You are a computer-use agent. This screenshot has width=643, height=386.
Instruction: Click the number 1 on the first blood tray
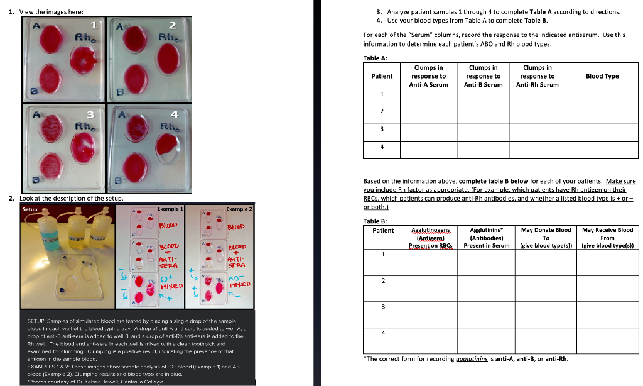click(x=93, y=25)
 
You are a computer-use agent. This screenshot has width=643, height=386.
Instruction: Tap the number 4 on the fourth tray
click(x=175, y=114)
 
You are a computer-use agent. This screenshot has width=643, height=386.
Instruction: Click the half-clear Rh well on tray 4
click(x=172, y=149)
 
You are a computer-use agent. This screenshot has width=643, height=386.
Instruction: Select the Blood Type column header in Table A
click(x=602, y=76)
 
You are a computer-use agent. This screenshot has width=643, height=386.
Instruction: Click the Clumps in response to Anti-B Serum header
click(x=483, y=76)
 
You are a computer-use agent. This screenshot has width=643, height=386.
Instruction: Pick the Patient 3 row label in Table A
click(x=382, y=129)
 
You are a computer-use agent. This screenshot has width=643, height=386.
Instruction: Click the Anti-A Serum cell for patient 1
click(x=429, y=94)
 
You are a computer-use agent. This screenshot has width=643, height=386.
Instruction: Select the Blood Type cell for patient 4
click(x=602, y=146)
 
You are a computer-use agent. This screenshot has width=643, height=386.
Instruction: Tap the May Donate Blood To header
click(x=546, y=238)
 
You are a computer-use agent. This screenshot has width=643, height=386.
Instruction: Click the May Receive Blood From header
click(x=607, y=238)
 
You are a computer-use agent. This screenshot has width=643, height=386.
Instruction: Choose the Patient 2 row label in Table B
click(x=382, y=280)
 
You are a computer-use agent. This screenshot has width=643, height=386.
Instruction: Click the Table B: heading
click(x=375, y=221)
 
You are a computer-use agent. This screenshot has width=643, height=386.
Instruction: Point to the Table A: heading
click(x=375, y=58)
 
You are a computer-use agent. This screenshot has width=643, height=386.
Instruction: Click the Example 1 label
click(x=170, y=208)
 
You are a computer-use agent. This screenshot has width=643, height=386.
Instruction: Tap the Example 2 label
click(x=239, y=208)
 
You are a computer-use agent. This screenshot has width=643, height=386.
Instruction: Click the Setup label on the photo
click(x=30, y=209)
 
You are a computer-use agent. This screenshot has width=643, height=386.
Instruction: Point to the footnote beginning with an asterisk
click(x=466, y=359)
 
